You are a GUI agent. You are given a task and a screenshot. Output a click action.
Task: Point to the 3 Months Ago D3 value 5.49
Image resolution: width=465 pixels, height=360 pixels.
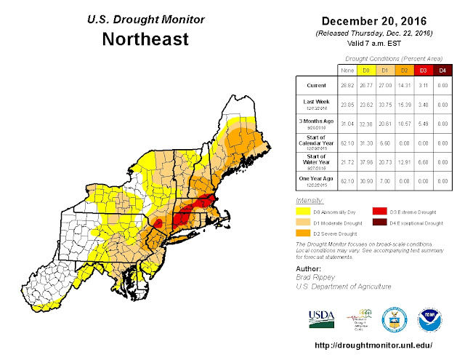[x=422, y=124]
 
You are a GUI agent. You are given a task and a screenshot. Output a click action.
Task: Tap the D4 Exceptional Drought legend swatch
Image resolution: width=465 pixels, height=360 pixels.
[x=381, y=223]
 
